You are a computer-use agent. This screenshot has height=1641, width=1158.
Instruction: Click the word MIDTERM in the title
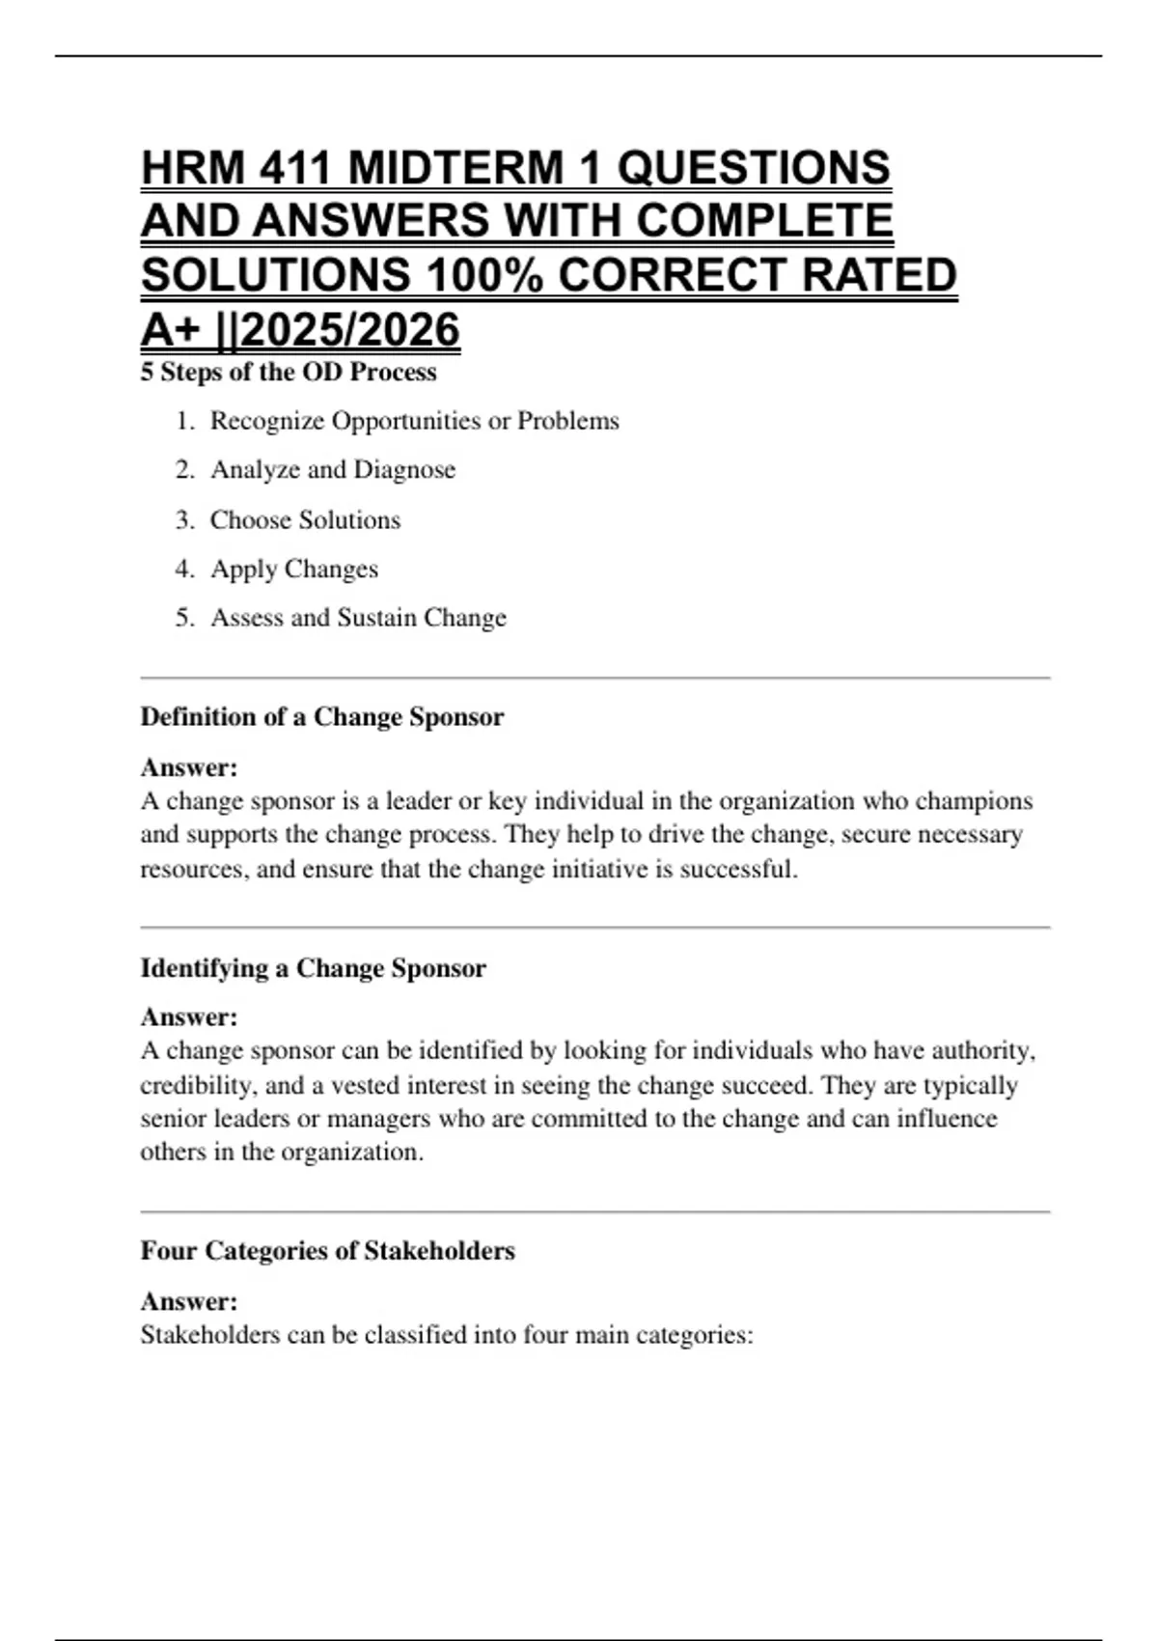455,168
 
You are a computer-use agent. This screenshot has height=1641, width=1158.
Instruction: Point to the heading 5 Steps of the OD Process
289,373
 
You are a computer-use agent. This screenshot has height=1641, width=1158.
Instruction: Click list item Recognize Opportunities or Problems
415,421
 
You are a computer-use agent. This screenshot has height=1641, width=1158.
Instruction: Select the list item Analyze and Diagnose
333,470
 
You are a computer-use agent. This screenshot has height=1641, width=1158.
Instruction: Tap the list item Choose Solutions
305,520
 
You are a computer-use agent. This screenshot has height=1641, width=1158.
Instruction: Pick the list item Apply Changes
294,570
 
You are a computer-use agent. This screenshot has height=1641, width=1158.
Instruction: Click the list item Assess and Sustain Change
358,618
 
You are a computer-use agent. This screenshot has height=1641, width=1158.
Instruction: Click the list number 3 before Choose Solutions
184,520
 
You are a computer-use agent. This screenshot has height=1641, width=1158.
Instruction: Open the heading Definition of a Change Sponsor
322,717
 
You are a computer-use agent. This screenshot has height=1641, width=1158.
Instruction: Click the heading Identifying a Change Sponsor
314,968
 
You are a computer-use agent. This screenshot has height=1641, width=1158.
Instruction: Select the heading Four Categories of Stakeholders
328,1251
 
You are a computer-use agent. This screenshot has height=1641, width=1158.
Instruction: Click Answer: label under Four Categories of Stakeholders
189,1301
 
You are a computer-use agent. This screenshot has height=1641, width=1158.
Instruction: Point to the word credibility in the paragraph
198,1086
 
